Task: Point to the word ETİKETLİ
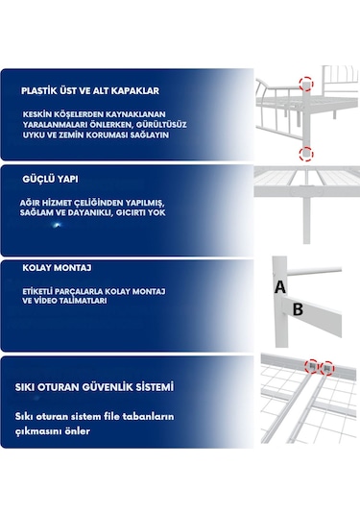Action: point(41,288)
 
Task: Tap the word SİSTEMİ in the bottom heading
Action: point(154,387)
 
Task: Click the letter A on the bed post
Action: point(279,286)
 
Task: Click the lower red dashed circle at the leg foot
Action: point(305,153)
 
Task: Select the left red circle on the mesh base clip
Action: point(311,366)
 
